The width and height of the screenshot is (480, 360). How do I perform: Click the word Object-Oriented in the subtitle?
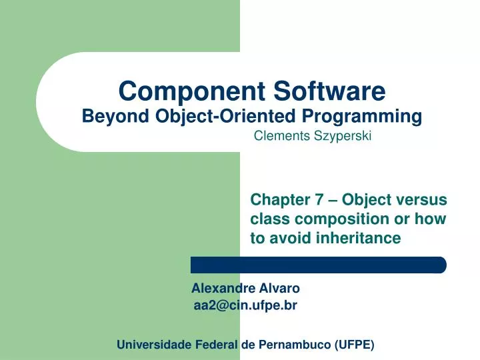tap(215, 117)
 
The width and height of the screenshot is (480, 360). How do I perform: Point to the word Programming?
tap(359, 117)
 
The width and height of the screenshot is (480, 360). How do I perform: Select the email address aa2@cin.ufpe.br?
tap(245, 305)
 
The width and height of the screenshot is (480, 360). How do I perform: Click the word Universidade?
tap(154, 345)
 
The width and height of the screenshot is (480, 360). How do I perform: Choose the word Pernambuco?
tap(291, 345)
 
